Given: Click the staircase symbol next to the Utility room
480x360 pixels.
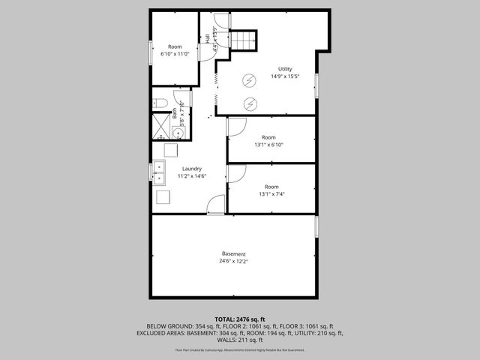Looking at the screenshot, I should click(243, 40).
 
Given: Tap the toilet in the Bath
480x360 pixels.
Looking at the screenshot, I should click(159, 103).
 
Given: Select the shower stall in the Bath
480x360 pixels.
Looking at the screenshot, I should click(161, 127).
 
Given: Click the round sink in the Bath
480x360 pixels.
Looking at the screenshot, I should click(178, 133).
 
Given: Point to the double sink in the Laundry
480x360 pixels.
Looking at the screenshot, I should click(159, 174).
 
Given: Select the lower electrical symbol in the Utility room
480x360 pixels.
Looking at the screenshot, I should click(250, 103).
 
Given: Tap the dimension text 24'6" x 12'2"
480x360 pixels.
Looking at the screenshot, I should click(233, 262).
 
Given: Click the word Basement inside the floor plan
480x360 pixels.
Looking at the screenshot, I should click(233, 254).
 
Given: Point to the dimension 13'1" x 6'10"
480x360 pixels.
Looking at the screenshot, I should click(269, 145).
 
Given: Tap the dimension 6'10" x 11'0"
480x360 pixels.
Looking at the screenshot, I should click(175, 54).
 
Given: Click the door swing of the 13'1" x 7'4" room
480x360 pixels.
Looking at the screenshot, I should click(235, 174).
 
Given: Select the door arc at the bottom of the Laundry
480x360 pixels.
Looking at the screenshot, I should click(215, 205).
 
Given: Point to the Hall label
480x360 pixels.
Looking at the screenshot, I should click(208, 38).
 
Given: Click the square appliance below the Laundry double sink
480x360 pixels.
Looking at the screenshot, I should click(163, 197).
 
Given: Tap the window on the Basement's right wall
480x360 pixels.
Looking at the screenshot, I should click(316, 226).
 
